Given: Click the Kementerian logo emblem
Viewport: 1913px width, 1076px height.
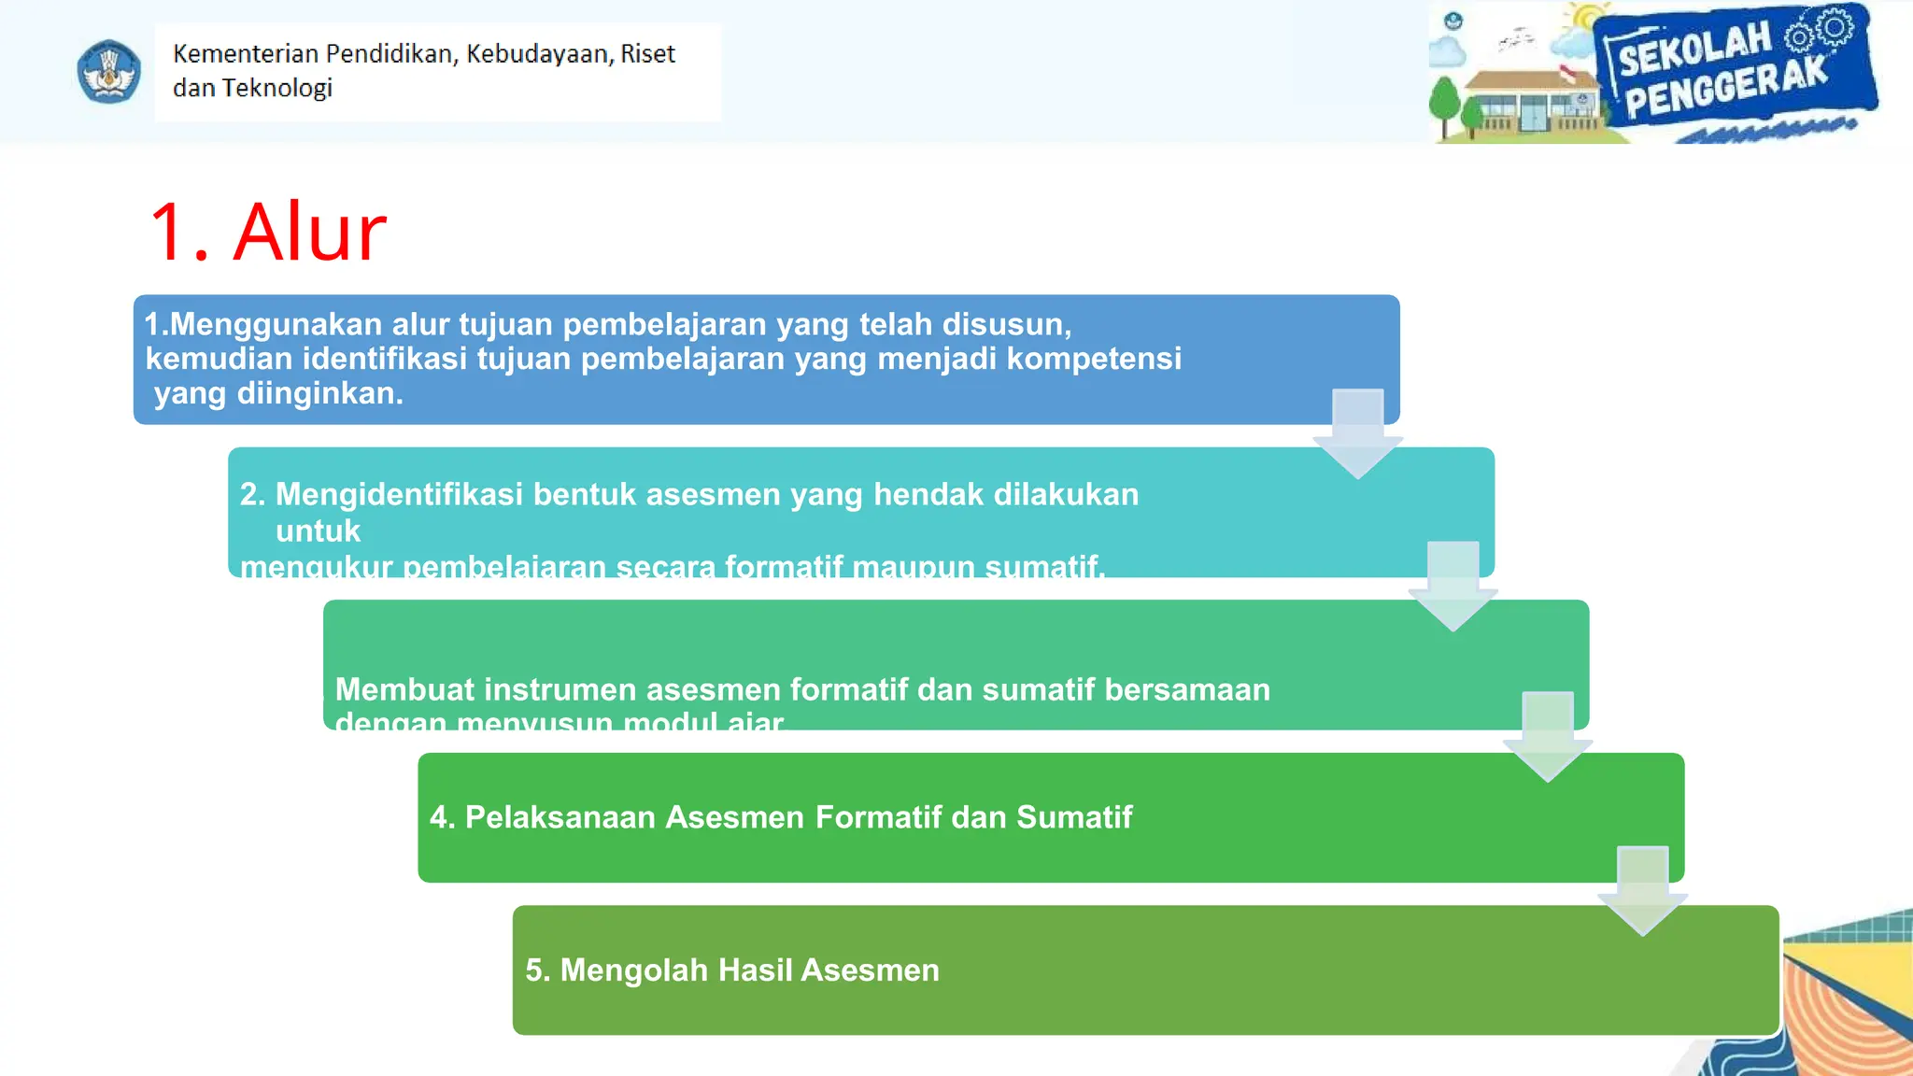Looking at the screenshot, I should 108,72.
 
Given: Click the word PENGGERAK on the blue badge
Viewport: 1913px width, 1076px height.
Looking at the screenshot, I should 1725,89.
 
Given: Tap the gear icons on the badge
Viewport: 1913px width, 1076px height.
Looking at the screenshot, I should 1820,31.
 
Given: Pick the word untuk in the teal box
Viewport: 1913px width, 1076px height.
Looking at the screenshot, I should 318,531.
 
